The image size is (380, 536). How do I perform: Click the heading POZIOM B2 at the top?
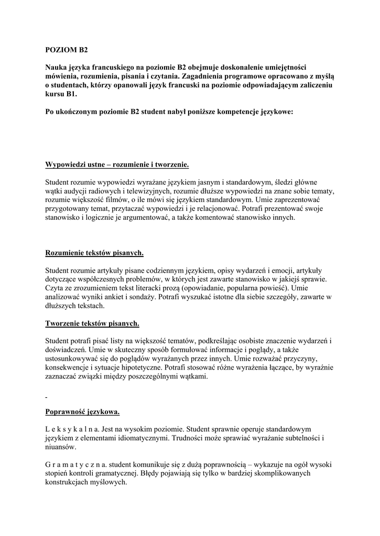[67, 51]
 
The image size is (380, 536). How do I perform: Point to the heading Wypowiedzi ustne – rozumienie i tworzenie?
[117, 165]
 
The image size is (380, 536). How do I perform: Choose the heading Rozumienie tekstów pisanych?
[94, 253]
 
